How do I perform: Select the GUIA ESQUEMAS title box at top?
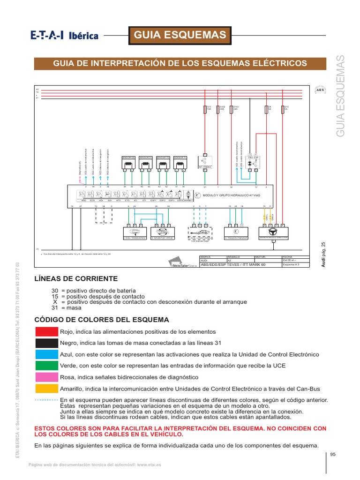click(180, 35)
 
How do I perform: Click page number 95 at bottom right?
click(333, 454)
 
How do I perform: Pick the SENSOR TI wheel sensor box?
click(180, 162)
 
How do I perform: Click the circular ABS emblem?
click(321, 90)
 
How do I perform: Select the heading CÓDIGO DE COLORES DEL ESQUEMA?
click(102, 320)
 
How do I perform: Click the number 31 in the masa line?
click(55, 308)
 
